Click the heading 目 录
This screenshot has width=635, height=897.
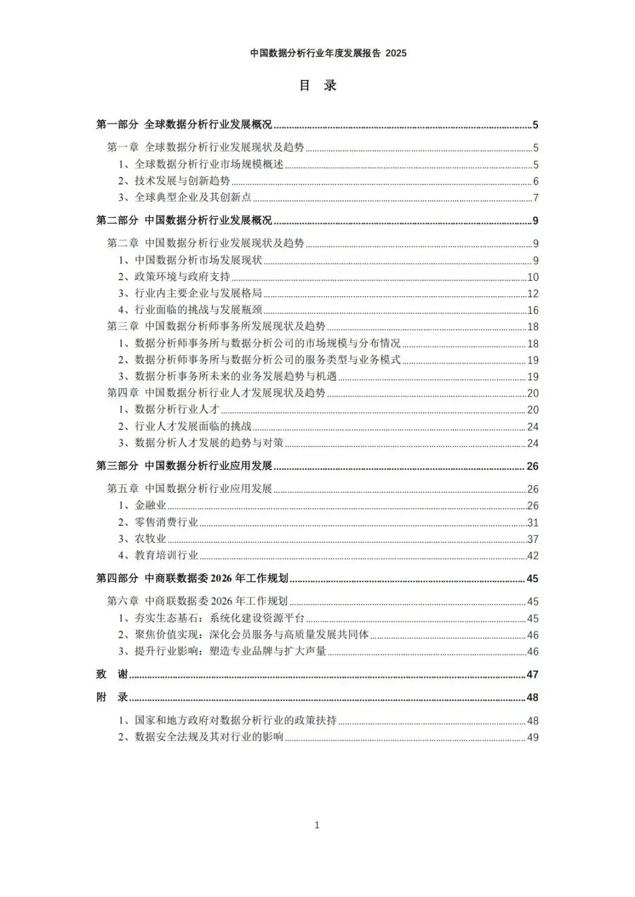317,85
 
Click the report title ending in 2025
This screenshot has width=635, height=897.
328,53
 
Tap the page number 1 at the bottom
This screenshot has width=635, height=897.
317,825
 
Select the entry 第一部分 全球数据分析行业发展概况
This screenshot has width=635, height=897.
184,125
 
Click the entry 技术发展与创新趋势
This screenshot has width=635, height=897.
182,181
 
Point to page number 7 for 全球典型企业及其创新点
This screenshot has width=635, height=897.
536,198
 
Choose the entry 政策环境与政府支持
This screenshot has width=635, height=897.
182,277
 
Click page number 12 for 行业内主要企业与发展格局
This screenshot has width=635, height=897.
533,294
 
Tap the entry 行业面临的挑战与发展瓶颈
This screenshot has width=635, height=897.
198,310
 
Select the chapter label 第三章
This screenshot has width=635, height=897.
123,327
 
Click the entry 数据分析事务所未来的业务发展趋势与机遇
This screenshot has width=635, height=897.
236,377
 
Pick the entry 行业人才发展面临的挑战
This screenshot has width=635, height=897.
193,426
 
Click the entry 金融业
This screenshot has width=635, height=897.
151,505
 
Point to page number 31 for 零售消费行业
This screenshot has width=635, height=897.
533,523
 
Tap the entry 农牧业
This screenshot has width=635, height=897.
151,539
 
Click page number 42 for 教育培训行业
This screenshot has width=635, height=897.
533,556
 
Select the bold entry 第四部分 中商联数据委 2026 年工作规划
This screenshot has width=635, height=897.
192,579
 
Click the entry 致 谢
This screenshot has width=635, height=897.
112,674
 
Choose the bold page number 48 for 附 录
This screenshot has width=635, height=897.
533,698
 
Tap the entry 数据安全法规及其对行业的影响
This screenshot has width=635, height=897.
209,737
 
